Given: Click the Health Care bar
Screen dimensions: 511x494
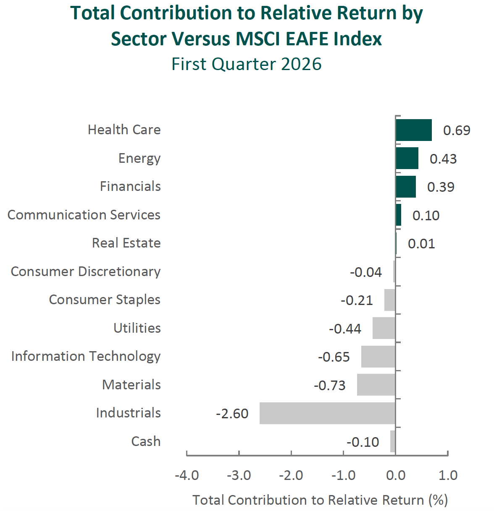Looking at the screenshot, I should tap(414, 130).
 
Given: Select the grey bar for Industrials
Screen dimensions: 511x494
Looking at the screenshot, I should tap(328, 413).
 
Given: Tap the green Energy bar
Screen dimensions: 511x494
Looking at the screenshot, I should tap(407, 158).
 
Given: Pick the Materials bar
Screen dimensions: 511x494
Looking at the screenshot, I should tap(376, 385).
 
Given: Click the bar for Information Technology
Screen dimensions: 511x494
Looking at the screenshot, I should tap(378, 357).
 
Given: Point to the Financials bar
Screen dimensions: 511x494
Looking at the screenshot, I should tap(406, 187).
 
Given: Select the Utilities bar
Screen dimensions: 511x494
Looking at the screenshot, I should tap(384, 328).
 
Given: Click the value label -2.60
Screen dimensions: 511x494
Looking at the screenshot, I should tap(232, 414).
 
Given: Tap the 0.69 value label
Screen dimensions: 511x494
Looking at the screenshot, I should tap(457, 130).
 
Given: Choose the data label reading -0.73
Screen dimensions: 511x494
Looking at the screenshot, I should tap(330, 385).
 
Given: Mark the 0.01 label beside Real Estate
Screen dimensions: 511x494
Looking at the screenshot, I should tap(421, 244).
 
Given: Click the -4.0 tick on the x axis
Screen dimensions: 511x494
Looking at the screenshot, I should tap(187, 475).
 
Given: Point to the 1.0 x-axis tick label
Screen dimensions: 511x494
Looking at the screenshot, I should tap(448, 475).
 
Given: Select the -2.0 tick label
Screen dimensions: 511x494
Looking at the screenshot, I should tap(291, 475).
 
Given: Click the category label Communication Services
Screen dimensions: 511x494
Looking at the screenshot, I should tap(84, 215).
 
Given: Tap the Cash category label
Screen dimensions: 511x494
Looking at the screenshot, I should tap(146, 441).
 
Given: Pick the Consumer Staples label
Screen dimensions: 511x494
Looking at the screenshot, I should tap(105, 300).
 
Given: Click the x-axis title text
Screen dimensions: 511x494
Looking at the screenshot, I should tap(320, 500).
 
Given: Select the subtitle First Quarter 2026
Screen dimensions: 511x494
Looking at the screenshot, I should tap(247, 64).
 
